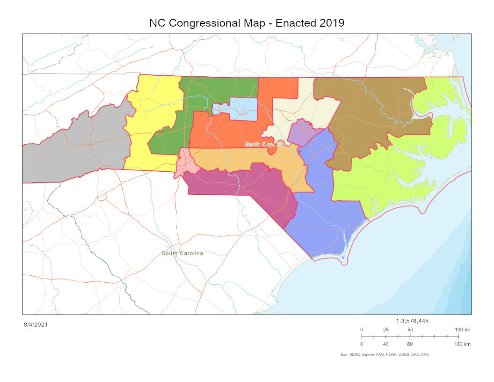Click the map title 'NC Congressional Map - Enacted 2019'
click(247, 23)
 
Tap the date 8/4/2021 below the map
click(36, 324)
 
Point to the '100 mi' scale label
click(463, 330)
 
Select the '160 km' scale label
click(462, 345)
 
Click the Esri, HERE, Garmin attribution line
click(384, 355)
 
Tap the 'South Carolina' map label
click(182, 253)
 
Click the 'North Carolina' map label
click(265, 145)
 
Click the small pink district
click(185, 162)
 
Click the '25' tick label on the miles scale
click(386, 330)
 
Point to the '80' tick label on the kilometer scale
click(410, 345)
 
